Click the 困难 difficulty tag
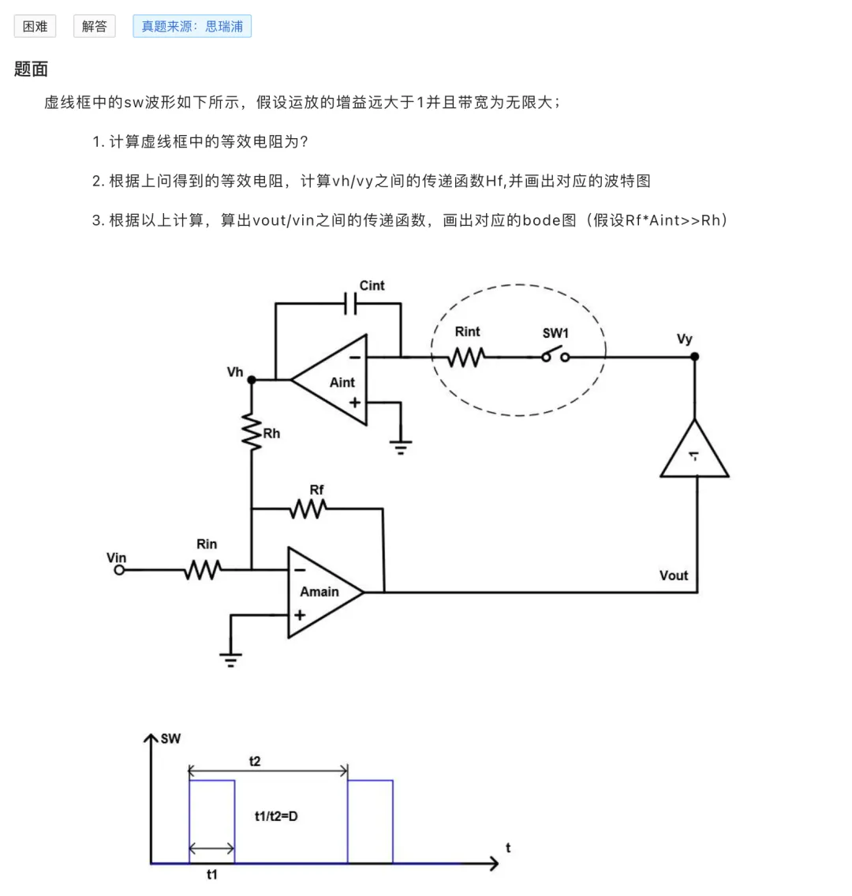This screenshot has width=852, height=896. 35,26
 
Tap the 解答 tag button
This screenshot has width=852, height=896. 94,26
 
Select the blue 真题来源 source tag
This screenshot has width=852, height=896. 192,26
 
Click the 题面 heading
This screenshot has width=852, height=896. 31,69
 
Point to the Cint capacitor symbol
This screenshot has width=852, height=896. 350,303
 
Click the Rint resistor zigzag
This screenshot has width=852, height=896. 467,358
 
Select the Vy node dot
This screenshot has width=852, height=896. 694,357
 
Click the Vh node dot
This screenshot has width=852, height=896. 251,380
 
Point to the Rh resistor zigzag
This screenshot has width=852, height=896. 251,432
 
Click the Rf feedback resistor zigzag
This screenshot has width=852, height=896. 308,508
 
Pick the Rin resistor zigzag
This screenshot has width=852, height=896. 203,570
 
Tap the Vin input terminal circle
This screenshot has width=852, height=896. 119,570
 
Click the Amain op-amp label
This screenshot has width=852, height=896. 319,591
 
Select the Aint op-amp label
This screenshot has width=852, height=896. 342,382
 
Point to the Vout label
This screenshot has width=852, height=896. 674,575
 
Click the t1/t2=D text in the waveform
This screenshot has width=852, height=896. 276,816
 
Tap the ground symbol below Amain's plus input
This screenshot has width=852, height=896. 230,660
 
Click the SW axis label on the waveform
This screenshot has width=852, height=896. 170,738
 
